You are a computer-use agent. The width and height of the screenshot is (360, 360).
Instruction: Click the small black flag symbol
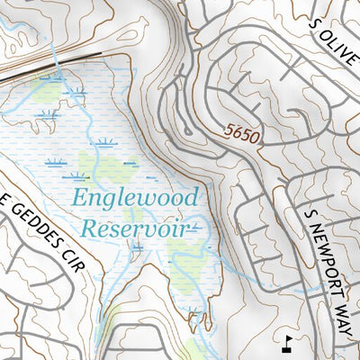(287, 342)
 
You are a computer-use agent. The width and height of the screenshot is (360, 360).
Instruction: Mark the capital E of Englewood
(79, 197)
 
